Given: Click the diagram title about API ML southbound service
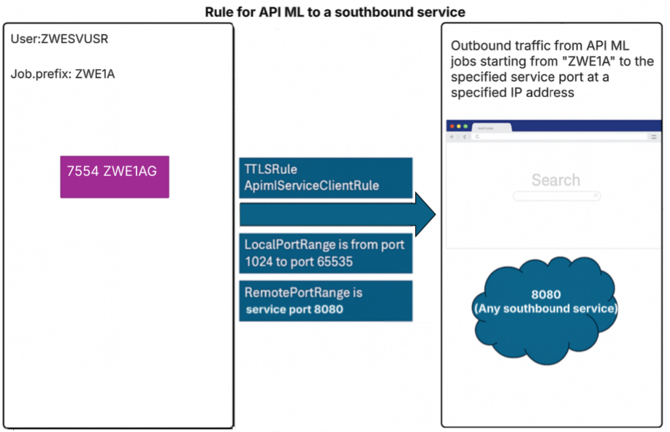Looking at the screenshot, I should (x=334, y=12).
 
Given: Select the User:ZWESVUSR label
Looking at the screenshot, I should (x=59, y=39).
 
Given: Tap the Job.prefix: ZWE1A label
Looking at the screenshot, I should (x=63, y=74).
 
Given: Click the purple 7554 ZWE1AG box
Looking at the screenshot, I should (x=115, y=177).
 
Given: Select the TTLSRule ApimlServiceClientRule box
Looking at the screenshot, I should (x=326, y=177).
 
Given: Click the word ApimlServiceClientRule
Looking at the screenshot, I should (x=312, y=185).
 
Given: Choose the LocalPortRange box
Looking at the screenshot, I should (x=326, y=252).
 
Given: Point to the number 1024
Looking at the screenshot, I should (x=259, y=261).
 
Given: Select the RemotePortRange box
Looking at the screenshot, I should (x=326, y=300).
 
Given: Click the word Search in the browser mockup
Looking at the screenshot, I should (x=555, y=180).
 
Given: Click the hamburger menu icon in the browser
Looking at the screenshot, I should (x=654, y=136).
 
